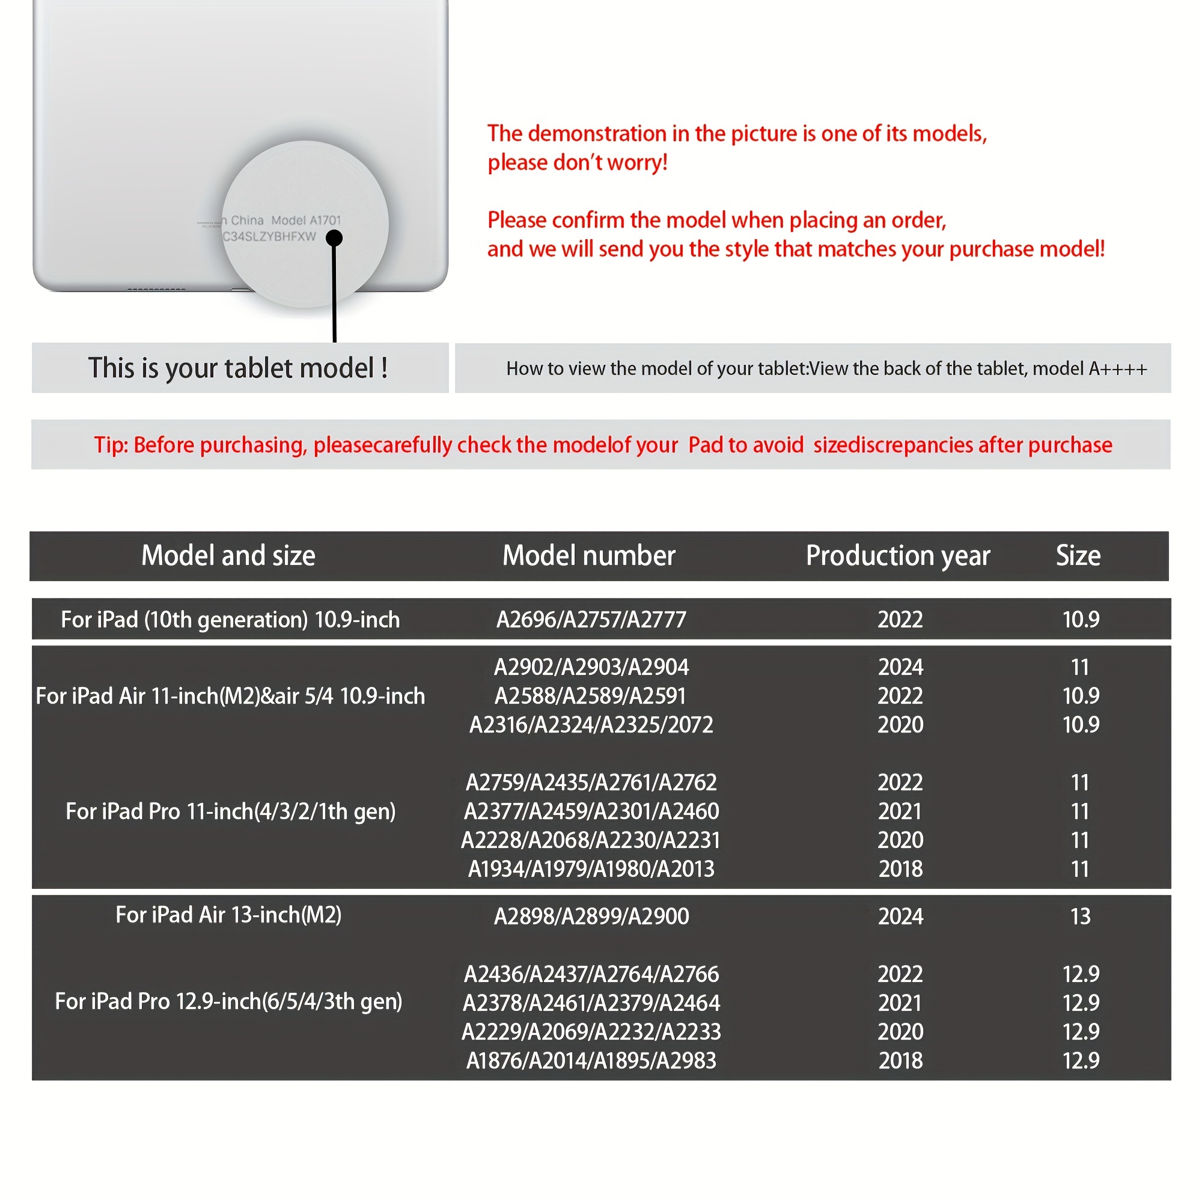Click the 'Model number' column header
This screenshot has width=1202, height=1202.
coord(588,555)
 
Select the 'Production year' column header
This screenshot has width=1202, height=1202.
coord(897,555)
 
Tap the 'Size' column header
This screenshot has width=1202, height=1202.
coord(1078,555)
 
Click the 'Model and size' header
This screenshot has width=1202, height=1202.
coord(228,555)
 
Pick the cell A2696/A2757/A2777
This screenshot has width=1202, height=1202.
coord(591,620)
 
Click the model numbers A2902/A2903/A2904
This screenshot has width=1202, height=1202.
coord(591,668)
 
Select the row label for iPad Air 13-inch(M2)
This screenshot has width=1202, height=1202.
coord(228,915)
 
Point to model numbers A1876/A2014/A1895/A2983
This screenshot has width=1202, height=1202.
coord(591,1061)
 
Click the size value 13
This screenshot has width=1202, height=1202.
coord(1080,917)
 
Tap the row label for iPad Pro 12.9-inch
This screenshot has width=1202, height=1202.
coord(228,1002)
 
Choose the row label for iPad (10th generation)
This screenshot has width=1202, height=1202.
coord(230,620)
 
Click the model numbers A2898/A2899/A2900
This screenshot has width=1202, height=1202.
coord(591,917)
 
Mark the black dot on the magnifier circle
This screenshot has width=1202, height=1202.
coord(334,237)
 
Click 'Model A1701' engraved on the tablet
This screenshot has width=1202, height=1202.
coord(306,220)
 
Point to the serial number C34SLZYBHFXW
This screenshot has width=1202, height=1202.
coord(269,237)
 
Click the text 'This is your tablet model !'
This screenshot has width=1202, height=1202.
coord(238,368)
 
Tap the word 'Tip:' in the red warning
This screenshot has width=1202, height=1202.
coord(111,445)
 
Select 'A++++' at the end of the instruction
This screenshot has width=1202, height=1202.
coord(1117,369)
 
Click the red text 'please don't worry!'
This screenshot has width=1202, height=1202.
coord(578,163)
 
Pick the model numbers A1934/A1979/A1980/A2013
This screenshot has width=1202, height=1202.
coord(591,869)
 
